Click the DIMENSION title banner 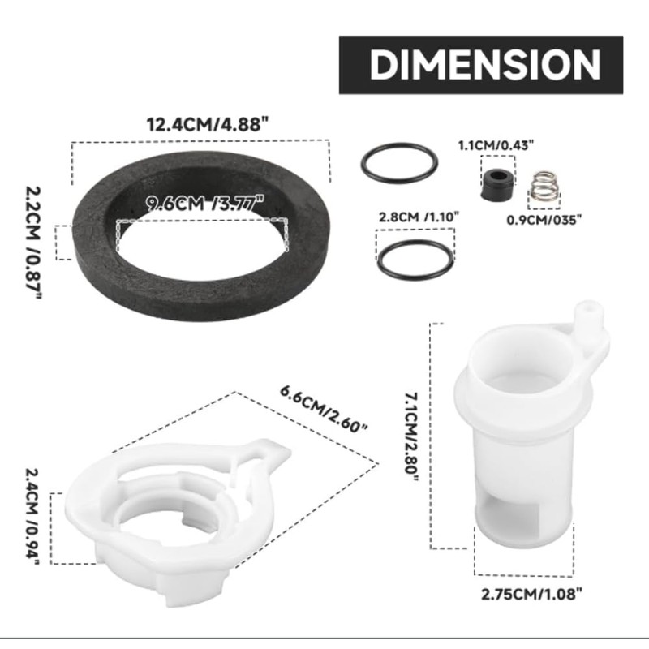pos(481,65)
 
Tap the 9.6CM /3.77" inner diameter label pos(205,204)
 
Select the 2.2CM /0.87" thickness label pos(33,242)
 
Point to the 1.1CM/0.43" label pos(496,145)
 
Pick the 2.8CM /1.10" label pos(419,217)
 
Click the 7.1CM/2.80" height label pos(411,436)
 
